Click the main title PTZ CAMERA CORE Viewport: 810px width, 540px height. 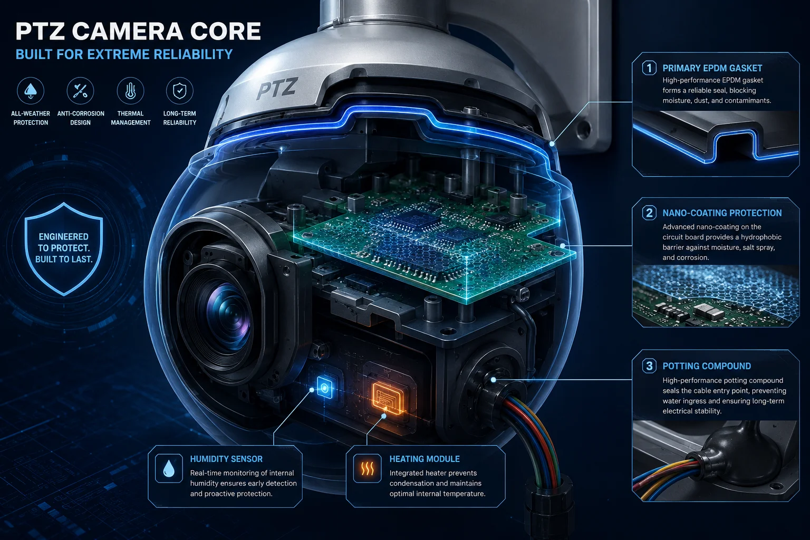click(138, 31)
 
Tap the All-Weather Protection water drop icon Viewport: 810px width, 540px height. click(31, 90)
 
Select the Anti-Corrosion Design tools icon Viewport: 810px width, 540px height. click(80, 90)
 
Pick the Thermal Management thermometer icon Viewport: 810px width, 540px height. click(130, 90)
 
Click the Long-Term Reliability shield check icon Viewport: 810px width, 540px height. click(180, 90)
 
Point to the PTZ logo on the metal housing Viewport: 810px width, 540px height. click(277, 88)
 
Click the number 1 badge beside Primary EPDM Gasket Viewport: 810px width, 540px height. click(649, 68)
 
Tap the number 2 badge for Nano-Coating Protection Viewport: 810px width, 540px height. click(649, 213)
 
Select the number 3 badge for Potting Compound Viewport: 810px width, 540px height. click(649, 365)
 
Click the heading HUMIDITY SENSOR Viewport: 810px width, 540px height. click(226, 459)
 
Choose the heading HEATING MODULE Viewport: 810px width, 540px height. click(425, 459)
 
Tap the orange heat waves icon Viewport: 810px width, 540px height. click(368, 469)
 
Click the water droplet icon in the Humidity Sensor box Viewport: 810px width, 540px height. click(169, 469)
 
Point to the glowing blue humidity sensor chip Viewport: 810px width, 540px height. click(325, 388)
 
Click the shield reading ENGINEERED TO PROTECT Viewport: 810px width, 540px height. click(64, 249)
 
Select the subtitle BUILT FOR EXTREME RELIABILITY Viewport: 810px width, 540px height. click(124, 54)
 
